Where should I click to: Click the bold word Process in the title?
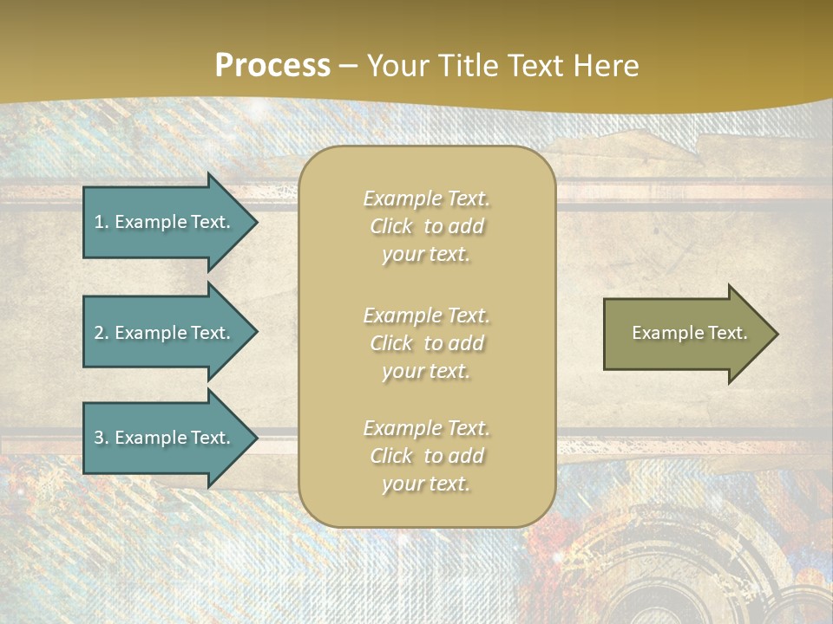(272, 66)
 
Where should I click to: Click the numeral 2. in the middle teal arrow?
(101, 333)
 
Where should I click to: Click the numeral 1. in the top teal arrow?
(101, 222)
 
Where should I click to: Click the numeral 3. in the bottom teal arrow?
(101, 438)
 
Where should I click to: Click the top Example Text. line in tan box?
(426, 198)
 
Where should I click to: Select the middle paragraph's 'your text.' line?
(426, 371)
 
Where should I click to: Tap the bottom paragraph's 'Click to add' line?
(426, 456)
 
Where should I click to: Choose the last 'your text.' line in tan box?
(426, 484)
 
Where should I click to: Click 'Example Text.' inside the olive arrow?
(689, 333)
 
